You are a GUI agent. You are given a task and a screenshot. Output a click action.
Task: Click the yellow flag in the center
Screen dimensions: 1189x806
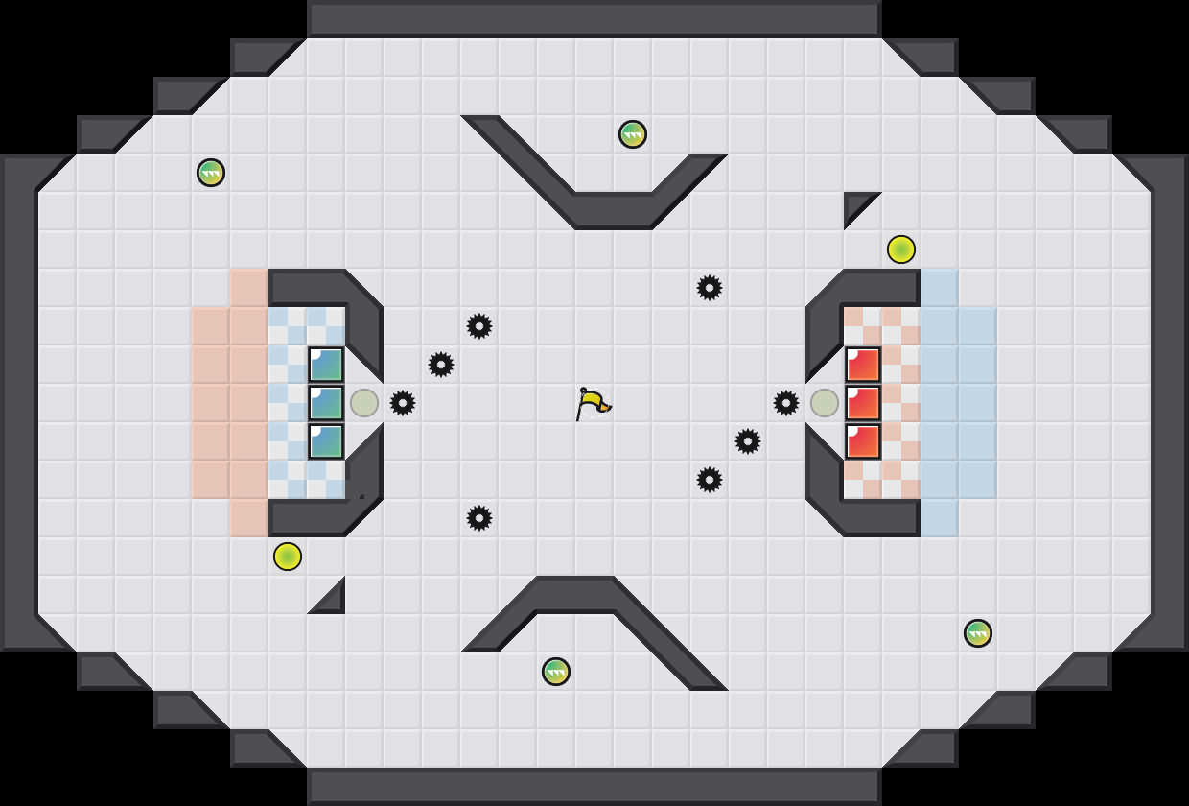593,403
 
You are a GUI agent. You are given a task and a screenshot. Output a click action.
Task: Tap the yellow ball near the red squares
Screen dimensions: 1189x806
901,249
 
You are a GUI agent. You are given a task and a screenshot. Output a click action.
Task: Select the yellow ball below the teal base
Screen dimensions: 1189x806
288,557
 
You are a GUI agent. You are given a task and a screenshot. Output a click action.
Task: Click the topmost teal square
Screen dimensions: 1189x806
326,365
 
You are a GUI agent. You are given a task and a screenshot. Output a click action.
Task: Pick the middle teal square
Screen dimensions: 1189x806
326,403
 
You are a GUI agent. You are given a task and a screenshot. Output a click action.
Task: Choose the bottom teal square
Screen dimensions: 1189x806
326,441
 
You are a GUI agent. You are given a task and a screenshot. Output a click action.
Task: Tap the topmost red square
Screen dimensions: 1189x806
863,365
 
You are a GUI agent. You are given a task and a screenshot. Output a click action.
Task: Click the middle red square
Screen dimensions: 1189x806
863,403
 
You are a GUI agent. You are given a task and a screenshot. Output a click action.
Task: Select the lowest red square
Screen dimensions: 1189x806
863,441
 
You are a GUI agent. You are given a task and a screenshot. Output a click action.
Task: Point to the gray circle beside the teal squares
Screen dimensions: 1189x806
364,403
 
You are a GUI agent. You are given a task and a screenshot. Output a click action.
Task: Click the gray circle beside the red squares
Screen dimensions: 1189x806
825,403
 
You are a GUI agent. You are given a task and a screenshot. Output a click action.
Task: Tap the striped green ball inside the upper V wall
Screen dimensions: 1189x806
633,134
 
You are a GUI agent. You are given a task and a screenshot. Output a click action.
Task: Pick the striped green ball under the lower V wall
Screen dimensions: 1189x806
556,672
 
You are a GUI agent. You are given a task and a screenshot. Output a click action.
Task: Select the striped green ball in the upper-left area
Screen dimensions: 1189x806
211,173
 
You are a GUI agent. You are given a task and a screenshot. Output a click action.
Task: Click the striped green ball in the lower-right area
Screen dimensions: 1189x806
978,633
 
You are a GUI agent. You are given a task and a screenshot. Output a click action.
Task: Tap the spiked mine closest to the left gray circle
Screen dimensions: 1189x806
403,403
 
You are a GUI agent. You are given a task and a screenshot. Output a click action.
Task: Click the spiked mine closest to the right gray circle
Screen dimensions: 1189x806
786,403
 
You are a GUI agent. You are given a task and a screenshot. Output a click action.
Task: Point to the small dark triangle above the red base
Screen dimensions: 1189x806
855,204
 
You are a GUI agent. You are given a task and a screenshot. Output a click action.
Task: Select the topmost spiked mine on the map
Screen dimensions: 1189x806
710,288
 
